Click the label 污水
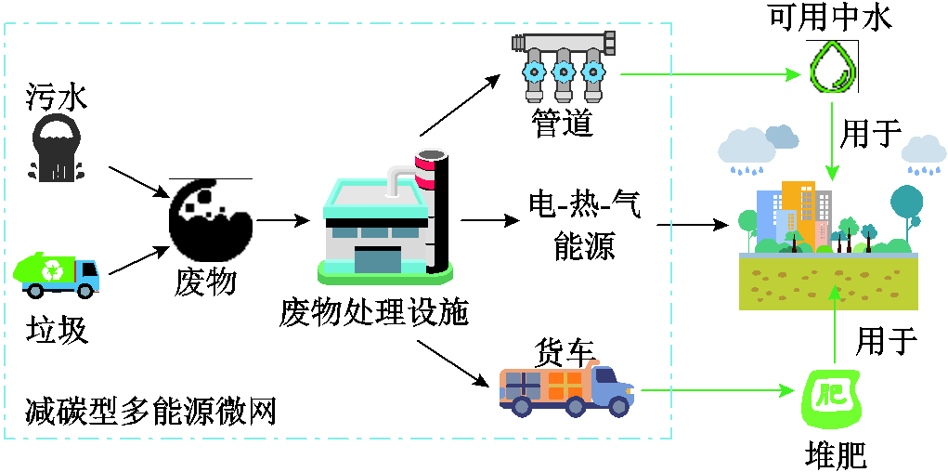(x=57, y=95)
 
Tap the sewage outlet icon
(x=57, y=147)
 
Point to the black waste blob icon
(x=210, y=220)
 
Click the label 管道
(x=562, y=124)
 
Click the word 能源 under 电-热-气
(x=584, y=246)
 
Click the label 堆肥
(x=836, y=454)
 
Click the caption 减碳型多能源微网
(x=152, y=410)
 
